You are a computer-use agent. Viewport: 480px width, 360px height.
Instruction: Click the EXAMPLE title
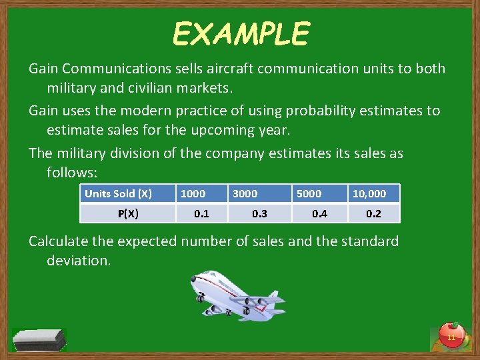coord(241,33)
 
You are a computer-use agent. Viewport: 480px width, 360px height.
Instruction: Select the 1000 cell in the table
coord(193,193)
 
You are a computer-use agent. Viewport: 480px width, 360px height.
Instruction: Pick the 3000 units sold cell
coord(245,193)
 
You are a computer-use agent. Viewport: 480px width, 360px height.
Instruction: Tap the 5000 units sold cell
coord(309,193)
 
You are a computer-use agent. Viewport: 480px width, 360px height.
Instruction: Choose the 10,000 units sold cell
coord(369,193)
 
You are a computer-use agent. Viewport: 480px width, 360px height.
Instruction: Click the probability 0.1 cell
coord(201,213)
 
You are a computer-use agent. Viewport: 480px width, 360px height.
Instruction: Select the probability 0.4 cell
coord(320,213)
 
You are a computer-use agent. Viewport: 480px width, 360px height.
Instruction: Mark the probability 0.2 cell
coord(374,213)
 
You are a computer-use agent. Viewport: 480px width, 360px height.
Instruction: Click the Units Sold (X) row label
coord(118,193)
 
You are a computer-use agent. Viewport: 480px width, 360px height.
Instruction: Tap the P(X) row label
coord(128,213)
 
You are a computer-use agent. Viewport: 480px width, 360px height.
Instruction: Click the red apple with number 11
coord(451,335)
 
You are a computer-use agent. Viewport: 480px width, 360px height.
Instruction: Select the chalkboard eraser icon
coord(39,339)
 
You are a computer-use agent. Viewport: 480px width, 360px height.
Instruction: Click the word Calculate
coord(59,241)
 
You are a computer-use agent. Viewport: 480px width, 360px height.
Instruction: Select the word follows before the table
coord(71,173)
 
